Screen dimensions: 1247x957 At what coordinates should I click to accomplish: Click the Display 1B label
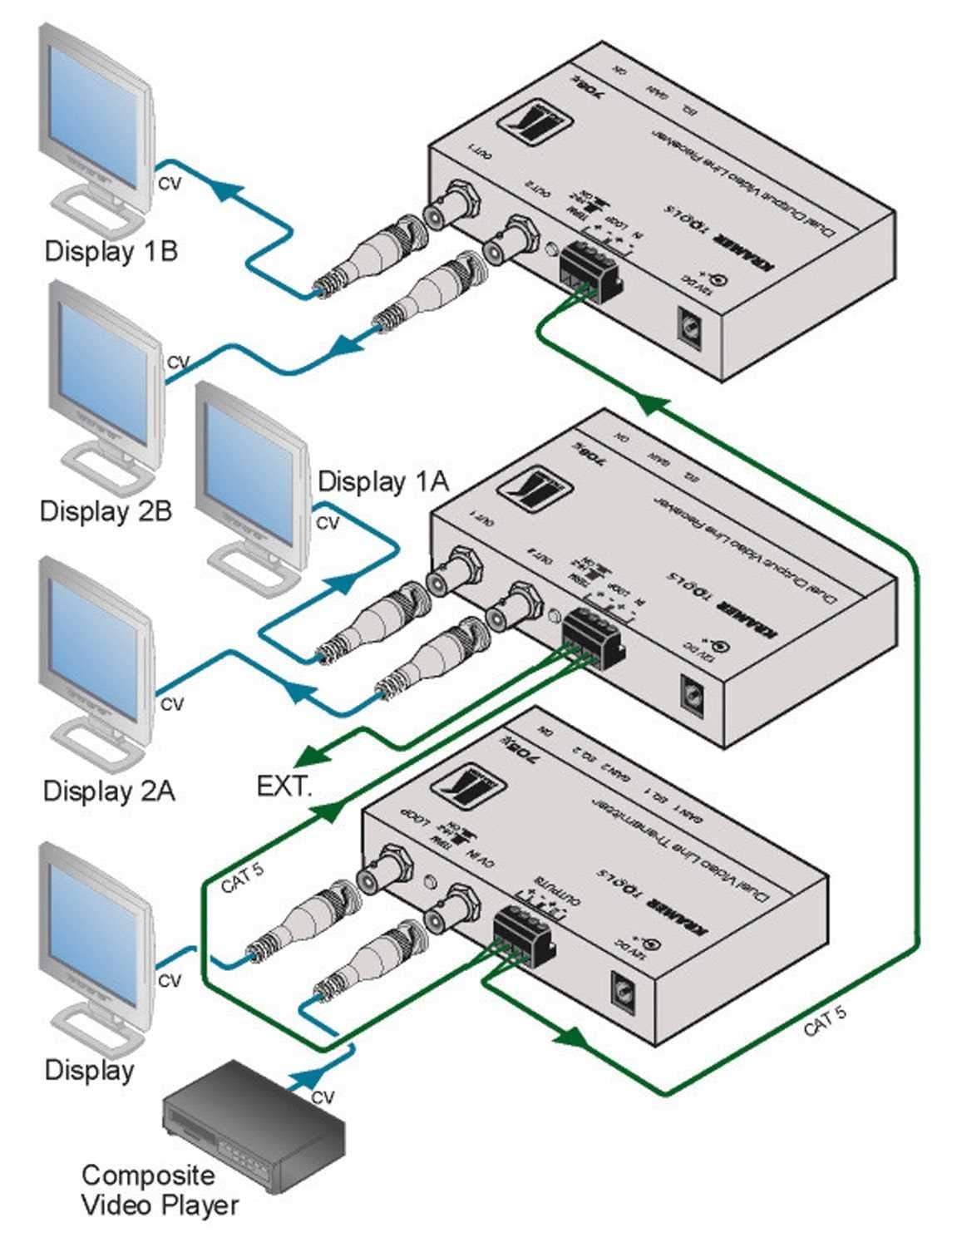111,250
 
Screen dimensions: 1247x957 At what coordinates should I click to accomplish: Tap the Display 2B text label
106,510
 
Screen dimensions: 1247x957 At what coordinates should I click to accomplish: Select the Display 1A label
383,481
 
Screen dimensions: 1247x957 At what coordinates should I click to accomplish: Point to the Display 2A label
109,790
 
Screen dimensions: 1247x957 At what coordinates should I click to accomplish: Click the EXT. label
284,786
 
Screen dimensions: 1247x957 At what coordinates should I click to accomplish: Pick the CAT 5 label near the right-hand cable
825,1020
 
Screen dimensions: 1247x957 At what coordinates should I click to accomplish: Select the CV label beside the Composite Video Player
323,1097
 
